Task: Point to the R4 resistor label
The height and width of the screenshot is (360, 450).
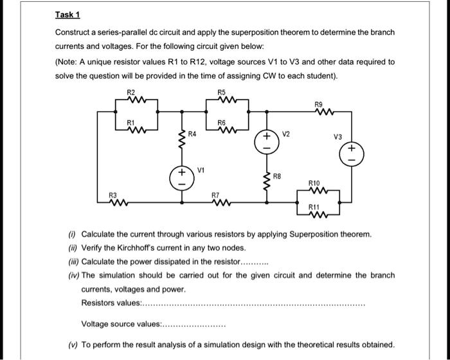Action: (192, 134)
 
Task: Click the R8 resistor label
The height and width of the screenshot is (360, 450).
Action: (278, 175)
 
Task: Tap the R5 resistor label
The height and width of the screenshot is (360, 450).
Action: (222, 93)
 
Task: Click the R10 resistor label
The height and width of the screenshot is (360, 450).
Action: (314, 183)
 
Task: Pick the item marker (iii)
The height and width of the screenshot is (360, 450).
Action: (73, 262)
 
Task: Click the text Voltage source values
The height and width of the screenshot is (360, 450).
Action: (122, 325)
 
